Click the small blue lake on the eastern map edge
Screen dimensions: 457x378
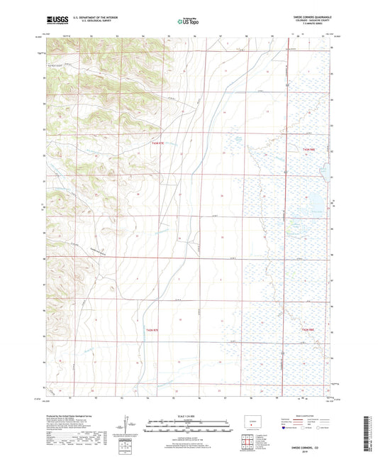click(324, 171)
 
